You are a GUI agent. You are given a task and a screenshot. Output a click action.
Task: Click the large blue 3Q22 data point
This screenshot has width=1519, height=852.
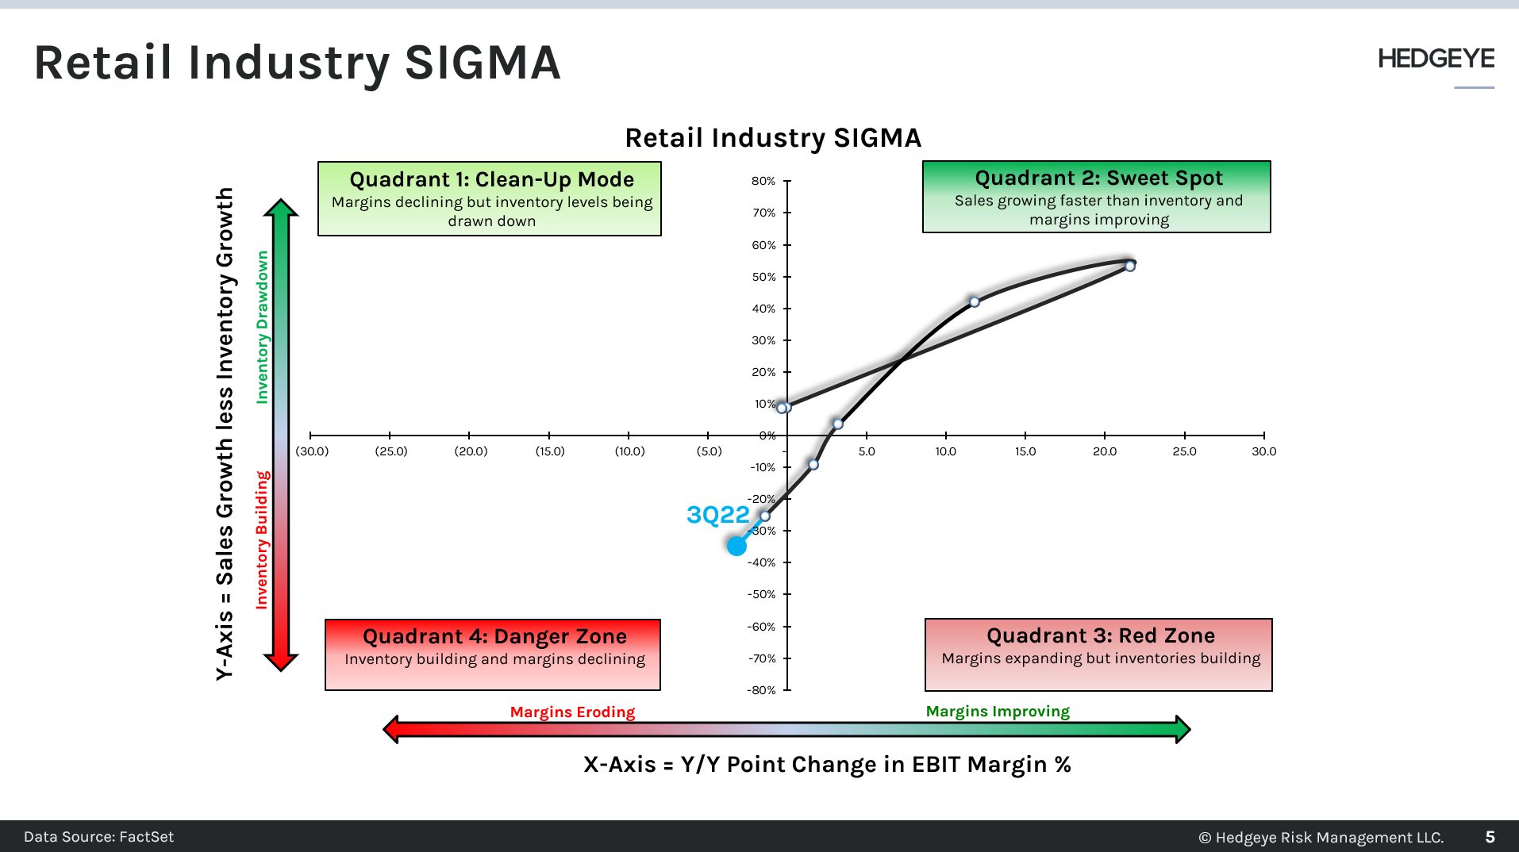click(736, 546)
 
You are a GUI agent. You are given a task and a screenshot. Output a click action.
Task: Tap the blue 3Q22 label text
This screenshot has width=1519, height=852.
click(717, 515)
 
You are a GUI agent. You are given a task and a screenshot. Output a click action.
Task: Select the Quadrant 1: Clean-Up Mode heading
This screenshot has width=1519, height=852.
click(491, 179)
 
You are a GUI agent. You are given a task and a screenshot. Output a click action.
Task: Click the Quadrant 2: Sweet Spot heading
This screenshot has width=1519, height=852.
click(1098, 178)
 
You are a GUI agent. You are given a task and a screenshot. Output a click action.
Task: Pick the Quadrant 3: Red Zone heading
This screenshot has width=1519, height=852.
click(1100, 635)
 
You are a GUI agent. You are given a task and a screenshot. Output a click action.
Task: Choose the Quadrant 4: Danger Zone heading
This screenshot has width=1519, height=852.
click(494, 636)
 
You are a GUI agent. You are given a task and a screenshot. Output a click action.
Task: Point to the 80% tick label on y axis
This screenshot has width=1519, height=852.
click(763, 181)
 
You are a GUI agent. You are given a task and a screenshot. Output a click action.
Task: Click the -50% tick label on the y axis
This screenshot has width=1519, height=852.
click(761, 594)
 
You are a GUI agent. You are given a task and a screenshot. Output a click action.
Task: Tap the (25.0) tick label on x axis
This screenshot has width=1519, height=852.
click(390, 451)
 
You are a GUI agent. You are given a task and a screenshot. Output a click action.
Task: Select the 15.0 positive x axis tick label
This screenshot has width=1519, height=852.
click(1025, 451)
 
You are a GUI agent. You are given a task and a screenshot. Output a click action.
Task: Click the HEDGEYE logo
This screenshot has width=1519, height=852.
click(1436, 59)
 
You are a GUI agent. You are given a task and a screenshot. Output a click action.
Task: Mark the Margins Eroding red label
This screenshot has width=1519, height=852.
click(572, 712)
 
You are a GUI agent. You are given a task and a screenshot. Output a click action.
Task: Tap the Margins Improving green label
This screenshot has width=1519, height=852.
click(998, 711)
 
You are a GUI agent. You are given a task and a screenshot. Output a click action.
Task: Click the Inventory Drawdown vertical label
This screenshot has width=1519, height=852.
click(262, 327)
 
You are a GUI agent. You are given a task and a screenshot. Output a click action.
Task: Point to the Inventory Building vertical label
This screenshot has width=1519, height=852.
click(262, 539)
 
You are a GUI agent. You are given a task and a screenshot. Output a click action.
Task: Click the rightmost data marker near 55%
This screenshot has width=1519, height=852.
click(1130, 266)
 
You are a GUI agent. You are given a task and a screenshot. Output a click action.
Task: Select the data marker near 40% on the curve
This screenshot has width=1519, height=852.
click(975, 301)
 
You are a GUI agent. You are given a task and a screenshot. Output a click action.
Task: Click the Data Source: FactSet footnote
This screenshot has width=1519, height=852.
click(98, 837)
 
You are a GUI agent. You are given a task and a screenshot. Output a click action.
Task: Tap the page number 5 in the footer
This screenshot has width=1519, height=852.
click(1490, 837)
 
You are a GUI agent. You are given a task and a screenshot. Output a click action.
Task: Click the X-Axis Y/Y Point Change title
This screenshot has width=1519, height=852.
click(827, 764)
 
